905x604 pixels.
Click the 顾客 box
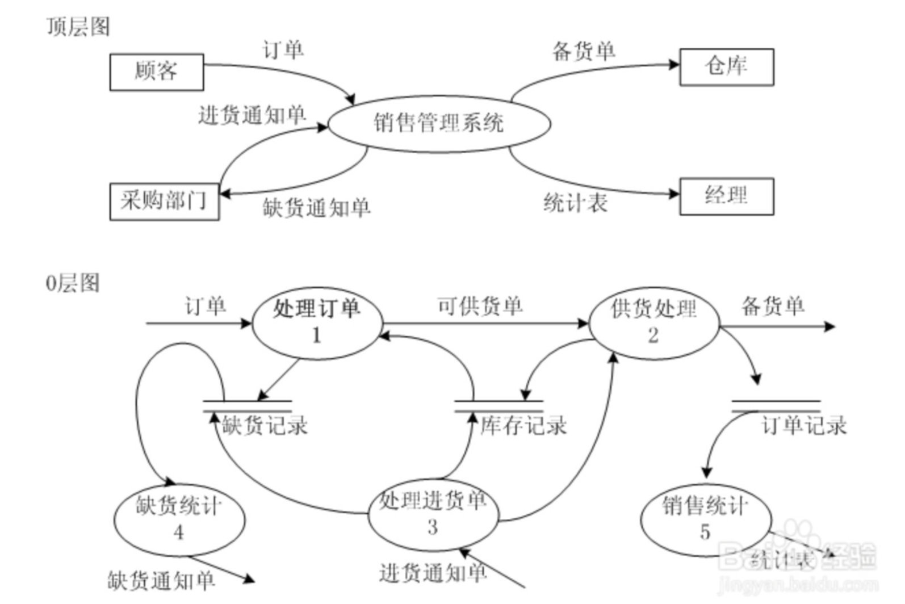click(156, 72)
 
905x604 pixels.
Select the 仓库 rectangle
click(726, 67)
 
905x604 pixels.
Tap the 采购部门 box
click(164, 201)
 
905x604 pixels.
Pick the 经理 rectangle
click(726, 196)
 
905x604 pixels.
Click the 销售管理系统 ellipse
click(439, 123)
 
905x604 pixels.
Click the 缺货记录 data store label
click(265, 426)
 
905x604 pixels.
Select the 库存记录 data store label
click(523, 426)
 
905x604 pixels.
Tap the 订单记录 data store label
click(803, 426)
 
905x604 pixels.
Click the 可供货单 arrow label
click(480, 307)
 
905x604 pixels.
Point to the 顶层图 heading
click(78, 27)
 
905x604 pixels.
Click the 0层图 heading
click(73, 282)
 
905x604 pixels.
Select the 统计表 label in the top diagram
click(575, 203)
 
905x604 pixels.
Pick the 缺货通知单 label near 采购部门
click(316, 208)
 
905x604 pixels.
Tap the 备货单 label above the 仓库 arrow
click(584, 52)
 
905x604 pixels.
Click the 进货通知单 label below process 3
click(433, 573)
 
